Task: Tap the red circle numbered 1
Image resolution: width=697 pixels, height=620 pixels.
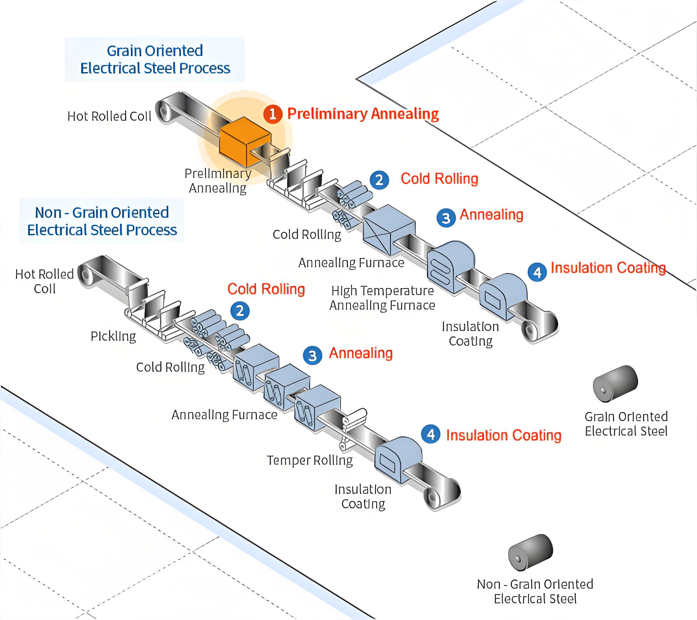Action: [x=273, y=114]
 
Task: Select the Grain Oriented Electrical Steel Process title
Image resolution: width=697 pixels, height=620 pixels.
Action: [x=155, y=59]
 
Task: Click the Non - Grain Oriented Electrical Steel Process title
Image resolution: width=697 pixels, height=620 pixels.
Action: [x=102, y=221]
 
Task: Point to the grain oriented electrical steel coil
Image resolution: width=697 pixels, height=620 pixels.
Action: [x=615, y=383]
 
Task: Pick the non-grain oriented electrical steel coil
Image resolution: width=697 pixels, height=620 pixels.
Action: [x=530, y=552]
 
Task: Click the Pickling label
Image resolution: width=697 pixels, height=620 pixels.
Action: [x=113, y=336]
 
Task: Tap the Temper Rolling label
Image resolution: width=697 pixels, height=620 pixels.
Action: [x=310, y=460]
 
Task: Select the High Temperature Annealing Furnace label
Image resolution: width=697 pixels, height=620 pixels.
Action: [x=382, y=298]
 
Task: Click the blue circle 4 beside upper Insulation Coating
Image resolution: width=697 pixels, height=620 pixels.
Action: [x=537, y=272]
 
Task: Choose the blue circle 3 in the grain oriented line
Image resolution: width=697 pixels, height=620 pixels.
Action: [x=446, y=218]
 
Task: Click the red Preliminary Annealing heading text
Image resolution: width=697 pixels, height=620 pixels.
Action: [x=363, y=114]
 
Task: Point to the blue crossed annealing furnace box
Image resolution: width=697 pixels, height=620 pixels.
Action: [x=388, y=230]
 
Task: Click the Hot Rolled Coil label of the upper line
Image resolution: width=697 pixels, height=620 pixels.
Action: [x=109, y=116]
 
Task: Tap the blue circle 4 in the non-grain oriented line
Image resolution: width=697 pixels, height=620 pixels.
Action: [x=431, y=434]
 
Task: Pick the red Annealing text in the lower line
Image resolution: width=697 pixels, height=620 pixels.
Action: [x=360, y=353]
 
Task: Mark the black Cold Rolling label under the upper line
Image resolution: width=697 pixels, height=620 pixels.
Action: [x=306, y=235]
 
